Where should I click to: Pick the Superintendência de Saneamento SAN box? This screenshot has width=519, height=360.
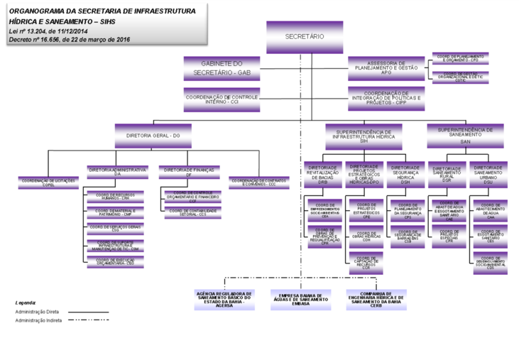[x=465, y=134]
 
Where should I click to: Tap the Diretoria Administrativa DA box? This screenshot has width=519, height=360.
[x=117, y=172]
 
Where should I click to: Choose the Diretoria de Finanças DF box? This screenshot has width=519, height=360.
[x=188, y=172]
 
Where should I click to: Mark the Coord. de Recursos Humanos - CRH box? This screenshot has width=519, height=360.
[x=115, y=196]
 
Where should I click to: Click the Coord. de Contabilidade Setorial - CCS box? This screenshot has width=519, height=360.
[x=192, y=212]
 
